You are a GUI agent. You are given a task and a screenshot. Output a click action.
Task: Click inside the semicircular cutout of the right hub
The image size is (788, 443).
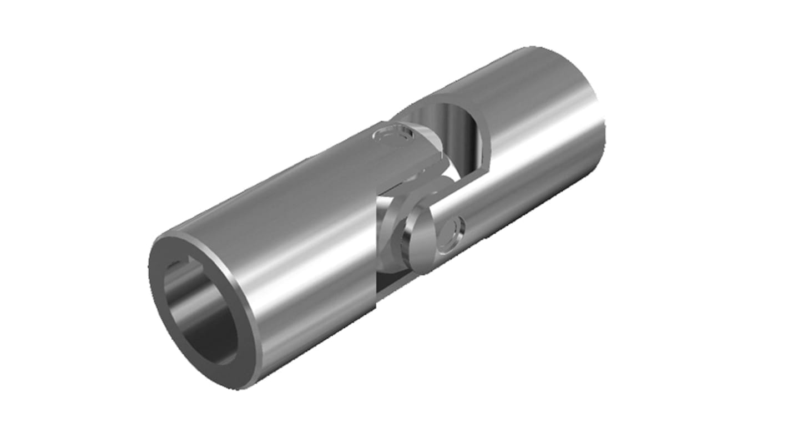(455, 133)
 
